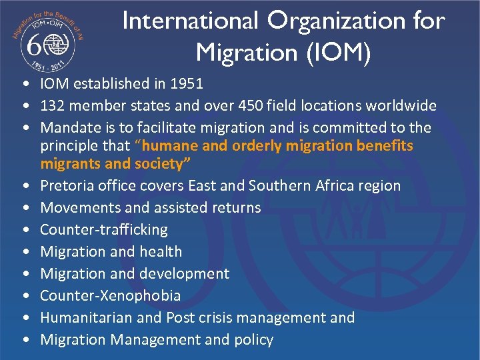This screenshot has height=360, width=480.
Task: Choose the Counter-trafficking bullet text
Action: [x=104, y=230]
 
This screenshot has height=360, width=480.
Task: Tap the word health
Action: [x=159, y=252]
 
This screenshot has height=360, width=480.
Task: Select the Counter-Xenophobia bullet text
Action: [x=111, y=296]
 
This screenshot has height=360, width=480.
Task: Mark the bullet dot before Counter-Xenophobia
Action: [x=25, y=296]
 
